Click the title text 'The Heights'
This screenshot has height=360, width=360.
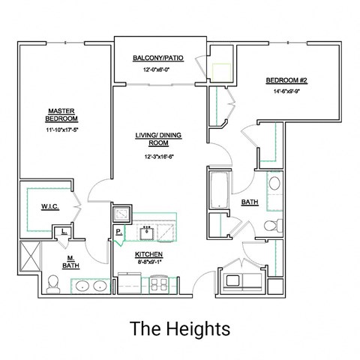click(179, 328)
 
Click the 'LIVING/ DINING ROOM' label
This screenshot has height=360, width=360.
click(158, 139)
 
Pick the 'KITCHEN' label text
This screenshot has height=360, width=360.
click(148, 255)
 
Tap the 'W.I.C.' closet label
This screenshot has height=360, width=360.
click(51, 206)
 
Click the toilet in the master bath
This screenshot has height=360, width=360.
click(53, 283)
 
